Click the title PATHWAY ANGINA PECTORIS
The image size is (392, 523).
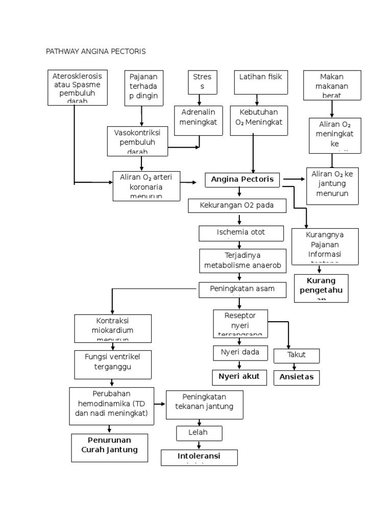coord(96,52)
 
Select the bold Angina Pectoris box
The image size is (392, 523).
coord(242,180)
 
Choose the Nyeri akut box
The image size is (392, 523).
coord(239,377)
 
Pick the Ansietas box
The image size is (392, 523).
coord(297,378)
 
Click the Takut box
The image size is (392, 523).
coord(297,355)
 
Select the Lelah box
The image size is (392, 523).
coord(199,433)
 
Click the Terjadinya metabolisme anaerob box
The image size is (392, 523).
coord(242,261)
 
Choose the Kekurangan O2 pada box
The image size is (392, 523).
coord(238,206)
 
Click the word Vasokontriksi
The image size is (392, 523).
coord(137,132)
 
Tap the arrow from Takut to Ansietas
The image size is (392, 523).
coord(295,367)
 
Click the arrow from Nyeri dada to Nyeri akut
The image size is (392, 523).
coord(239,365)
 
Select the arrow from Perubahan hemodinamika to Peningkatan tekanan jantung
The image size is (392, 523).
coord(160,404)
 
